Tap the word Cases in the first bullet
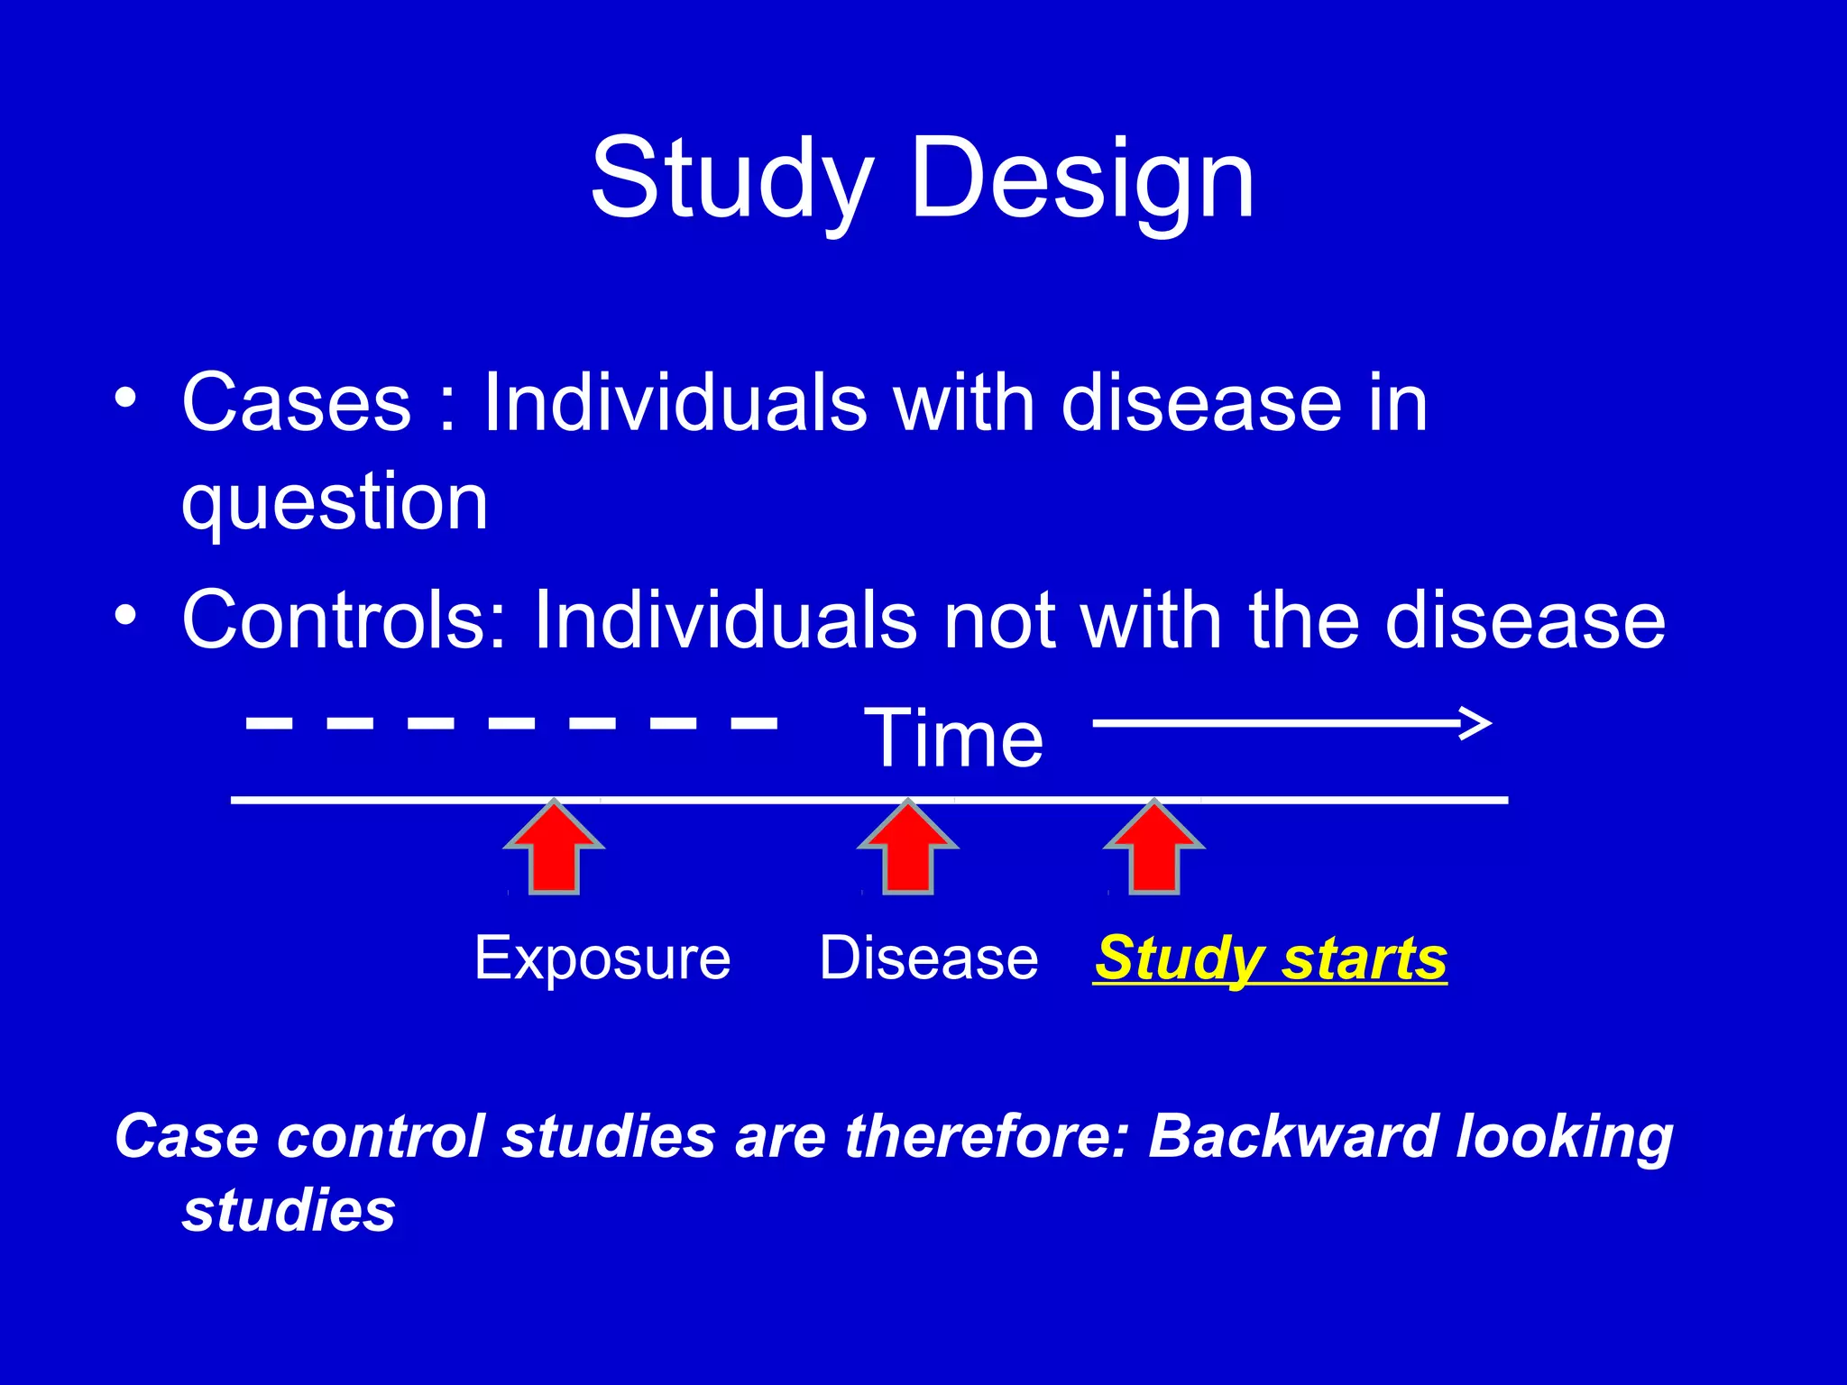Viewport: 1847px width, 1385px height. (296, 402)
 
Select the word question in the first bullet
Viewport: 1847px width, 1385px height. (335, 502)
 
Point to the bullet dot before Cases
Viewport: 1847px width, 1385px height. (126, 398)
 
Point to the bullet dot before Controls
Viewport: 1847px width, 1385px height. (126, 616)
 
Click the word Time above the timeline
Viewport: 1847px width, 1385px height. (953, 739)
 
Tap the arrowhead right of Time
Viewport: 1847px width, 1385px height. (1475, 723)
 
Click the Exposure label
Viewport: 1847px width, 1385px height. (602, 958)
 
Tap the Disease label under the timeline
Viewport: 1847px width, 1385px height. (928, 958)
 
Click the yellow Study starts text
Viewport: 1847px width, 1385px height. (1270, 959)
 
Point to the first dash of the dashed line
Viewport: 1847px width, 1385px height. (269, 722)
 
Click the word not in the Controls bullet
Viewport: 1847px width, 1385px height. (998, 620)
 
